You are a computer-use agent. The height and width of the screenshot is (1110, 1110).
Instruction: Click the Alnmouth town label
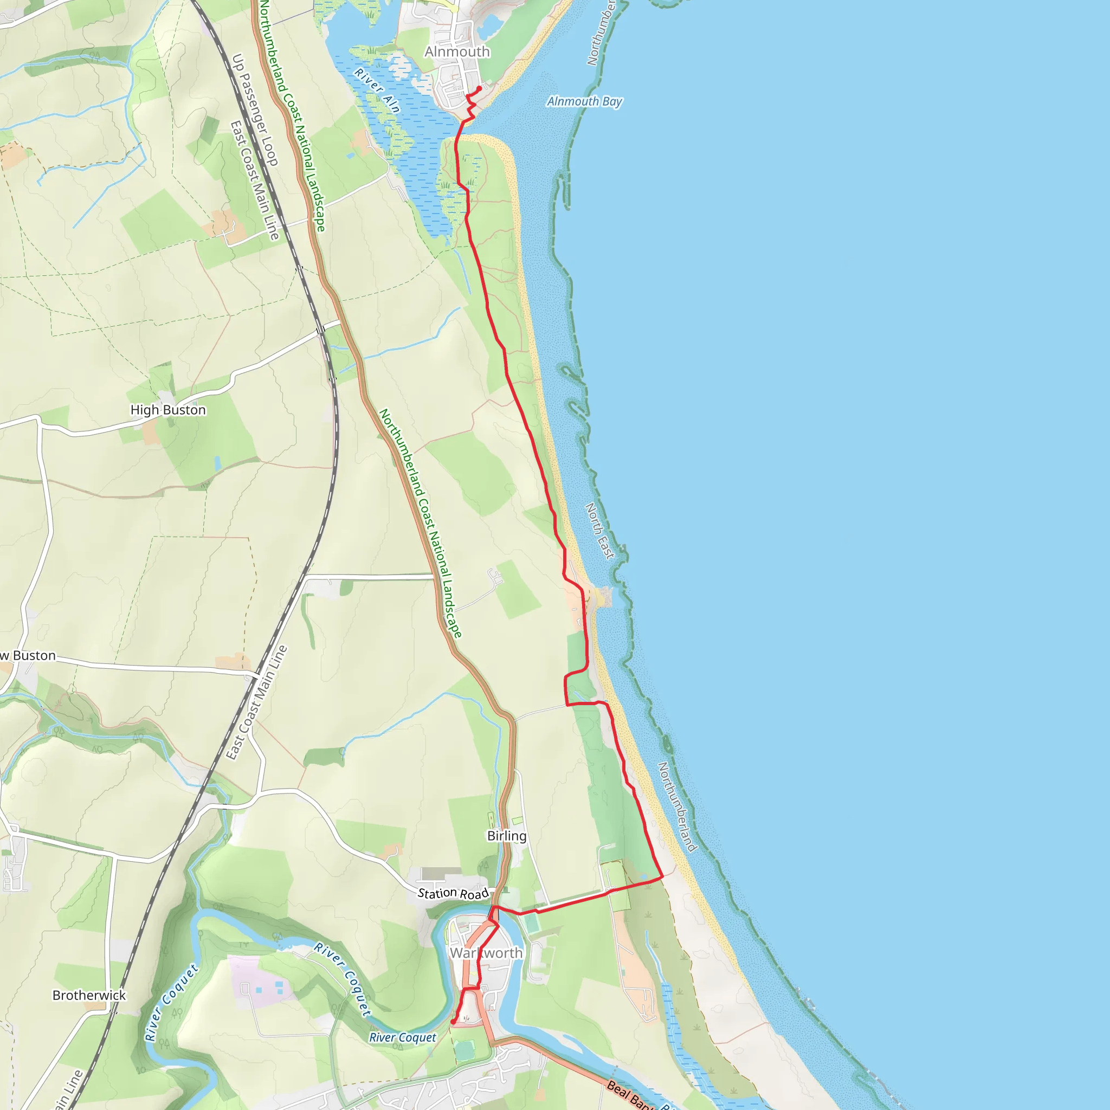pyautogui.click(x=457, y=51)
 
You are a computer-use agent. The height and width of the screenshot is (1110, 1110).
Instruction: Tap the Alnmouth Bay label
pyautogui.click(x=584, y=102)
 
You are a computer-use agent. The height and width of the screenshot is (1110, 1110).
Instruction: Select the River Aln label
pyautogui.click(x=377, y=90)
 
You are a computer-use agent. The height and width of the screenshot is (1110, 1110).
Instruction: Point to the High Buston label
pyautogui.click(x=168, y=410)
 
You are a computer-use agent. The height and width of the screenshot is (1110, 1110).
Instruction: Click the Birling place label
pyautogui.click(x=507, y=835)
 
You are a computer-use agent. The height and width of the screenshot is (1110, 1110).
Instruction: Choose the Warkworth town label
pyautogui.click(x=486, y=953)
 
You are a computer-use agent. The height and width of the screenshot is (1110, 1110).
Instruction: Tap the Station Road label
pyautogui.click(x=453, y=893)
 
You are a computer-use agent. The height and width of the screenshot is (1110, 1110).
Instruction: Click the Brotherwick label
pyautogui.click(x=89, y=995)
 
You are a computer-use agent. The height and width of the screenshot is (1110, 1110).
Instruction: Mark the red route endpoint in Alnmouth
pyautogui.click(x=479, y=88)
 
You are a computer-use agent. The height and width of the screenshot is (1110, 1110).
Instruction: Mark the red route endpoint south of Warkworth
pyautogui.click(x=453, y=1022)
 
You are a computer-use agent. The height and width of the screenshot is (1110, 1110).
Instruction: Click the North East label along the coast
pyautogui.click(x=600, y=530)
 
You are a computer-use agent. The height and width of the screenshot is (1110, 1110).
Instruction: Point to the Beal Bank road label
pyautogui.click(x=629, y=1094)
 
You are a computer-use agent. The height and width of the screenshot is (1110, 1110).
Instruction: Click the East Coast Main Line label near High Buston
pyautogui.click(x=255, y=180)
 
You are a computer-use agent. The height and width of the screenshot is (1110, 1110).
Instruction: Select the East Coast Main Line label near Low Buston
pyautogui.click(x=256, y=702)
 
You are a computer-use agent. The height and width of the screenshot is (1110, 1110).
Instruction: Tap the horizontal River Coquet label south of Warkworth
pyautogui.click(x=403, y=1037)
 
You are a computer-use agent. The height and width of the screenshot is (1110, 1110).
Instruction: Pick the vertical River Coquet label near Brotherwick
pyautogui.click(x=171, y=1003)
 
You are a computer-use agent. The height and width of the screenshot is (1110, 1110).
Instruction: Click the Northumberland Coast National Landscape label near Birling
pyautogui.click(x=420, y=523)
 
